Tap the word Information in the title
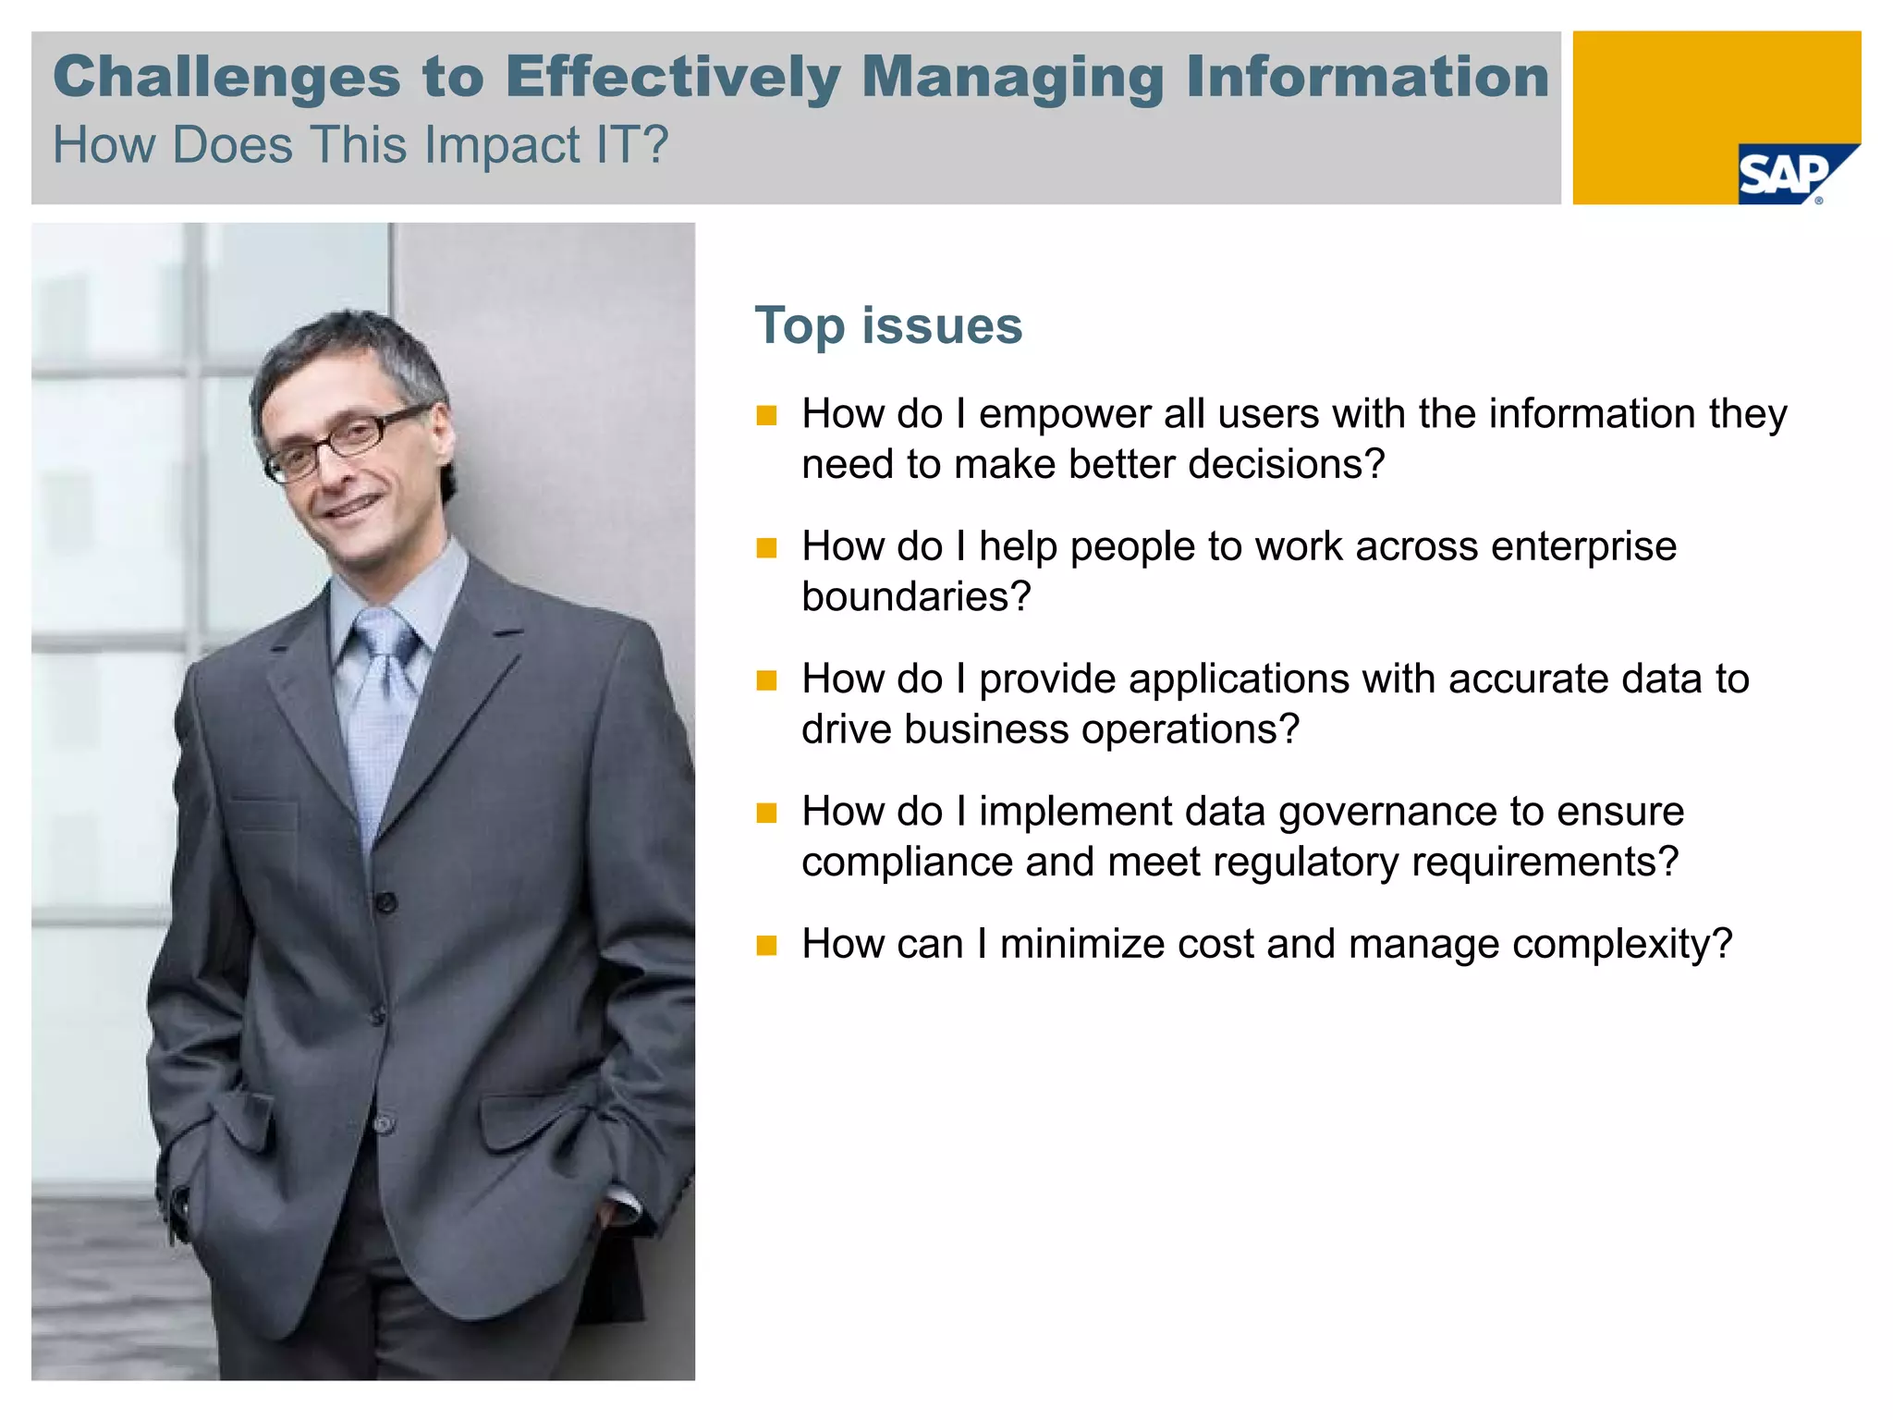[1368, 77]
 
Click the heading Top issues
[888, 326]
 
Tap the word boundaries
[915, 597]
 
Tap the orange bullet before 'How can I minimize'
[766, 946]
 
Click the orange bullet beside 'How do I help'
[766, 548]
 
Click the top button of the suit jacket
[386, 901]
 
